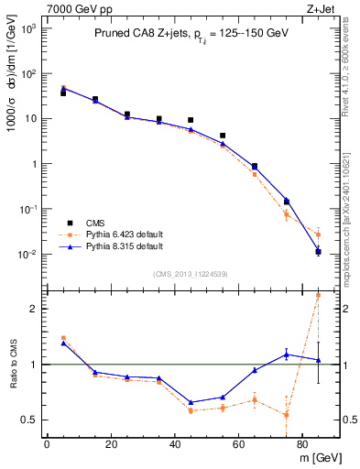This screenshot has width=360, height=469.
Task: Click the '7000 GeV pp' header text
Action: (73, 7)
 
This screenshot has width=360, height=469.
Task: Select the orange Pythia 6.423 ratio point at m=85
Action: (318, 295)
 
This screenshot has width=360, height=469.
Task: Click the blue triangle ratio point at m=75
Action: (287, 354)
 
